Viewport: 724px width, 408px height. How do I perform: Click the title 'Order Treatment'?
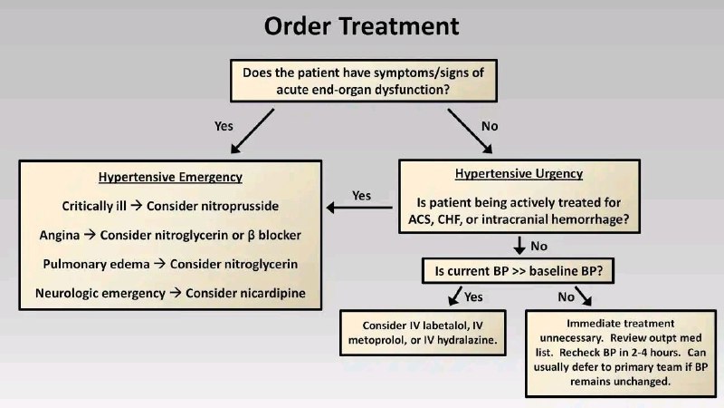[361, 26]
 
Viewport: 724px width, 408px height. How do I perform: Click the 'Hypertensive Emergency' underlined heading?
[170, 177]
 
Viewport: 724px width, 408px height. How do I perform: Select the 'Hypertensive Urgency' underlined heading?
[519, 173]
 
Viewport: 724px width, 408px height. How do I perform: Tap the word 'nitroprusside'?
[213, 206]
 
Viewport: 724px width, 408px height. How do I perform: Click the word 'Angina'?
[60, 236]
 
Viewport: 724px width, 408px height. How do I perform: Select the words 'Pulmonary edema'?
[97, 264]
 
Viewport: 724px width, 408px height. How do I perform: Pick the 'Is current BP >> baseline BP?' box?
[518, 270]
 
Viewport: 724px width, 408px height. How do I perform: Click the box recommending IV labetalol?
[423, 333]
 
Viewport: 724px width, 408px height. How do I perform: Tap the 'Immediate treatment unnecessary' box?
[621, 353]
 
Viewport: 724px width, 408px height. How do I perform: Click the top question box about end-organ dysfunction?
[364, 81]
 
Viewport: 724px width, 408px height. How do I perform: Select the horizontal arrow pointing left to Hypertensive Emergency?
[359, 208]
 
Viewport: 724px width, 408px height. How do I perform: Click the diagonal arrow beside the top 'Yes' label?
[252, 131]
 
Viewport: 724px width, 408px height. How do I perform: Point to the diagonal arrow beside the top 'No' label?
[470, 131]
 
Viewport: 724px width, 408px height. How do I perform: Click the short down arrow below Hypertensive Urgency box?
[519, 245]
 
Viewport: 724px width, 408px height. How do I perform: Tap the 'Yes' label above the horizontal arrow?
[361, 196]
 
